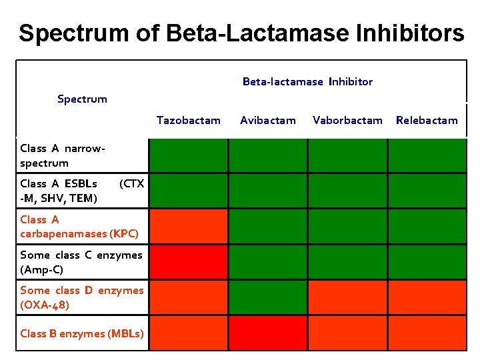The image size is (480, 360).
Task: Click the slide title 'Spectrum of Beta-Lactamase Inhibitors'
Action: point(241,33)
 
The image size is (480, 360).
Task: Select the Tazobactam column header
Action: point(188,121)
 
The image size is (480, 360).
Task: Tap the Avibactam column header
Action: point(267,121)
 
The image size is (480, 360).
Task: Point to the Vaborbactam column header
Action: point(347,121)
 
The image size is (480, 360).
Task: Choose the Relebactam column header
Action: point(427,121)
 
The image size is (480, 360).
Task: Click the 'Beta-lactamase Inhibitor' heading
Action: point(307,82)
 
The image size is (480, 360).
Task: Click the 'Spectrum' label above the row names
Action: point(82,99)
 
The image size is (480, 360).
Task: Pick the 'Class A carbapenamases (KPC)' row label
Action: point(79,227)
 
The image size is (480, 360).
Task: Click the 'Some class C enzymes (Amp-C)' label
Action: point(81,262)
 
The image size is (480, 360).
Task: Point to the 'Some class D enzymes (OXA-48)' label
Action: point(81,297)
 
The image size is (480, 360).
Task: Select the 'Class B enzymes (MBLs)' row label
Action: point(81,333)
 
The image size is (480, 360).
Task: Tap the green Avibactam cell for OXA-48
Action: point(267,297)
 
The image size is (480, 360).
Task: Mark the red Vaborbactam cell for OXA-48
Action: point(347,297)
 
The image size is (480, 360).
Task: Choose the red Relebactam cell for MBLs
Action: point(427,333)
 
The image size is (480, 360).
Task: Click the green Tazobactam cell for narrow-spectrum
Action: point(188,156)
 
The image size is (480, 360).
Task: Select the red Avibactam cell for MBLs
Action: point(267,333)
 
